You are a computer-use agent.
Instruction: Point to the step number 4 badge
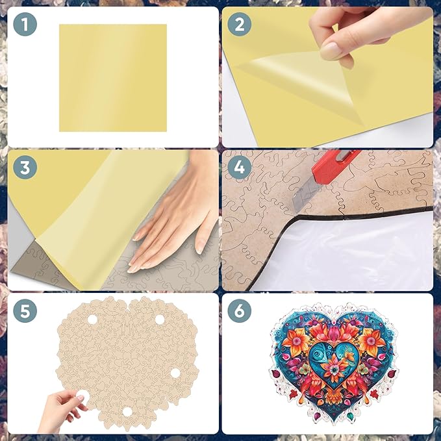tap(240, 168)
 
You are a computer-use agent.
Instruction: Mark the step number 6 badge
tap(240, 311)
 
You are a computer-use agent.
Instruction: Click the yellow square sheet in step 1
tap(112, 77)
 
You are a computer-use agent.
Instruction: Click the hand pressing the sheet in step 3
tap(172, 221)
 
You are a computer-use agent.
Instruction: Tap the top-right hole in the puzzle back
tap(160, 319)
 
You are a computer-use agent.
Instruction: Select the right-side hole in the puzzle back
tap(174, 373)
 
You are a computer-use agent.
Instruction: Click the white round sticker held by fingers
tap(79, 394)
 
